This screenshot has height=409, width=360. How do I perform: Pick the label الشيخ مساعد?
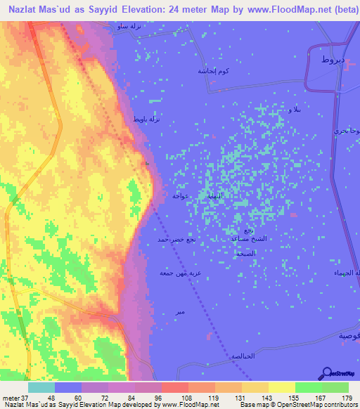coord(249,239)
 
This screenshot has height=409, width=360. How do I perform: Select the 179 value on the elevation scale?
coord(346,398)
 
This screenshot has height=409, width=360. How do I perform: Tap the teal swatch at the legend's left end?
coord(41,387)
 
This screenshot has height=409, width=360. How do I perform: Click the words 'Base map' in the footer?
coord(252,405)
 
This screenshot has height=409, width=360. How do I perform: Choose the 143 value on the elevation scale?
coord(258,398)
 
